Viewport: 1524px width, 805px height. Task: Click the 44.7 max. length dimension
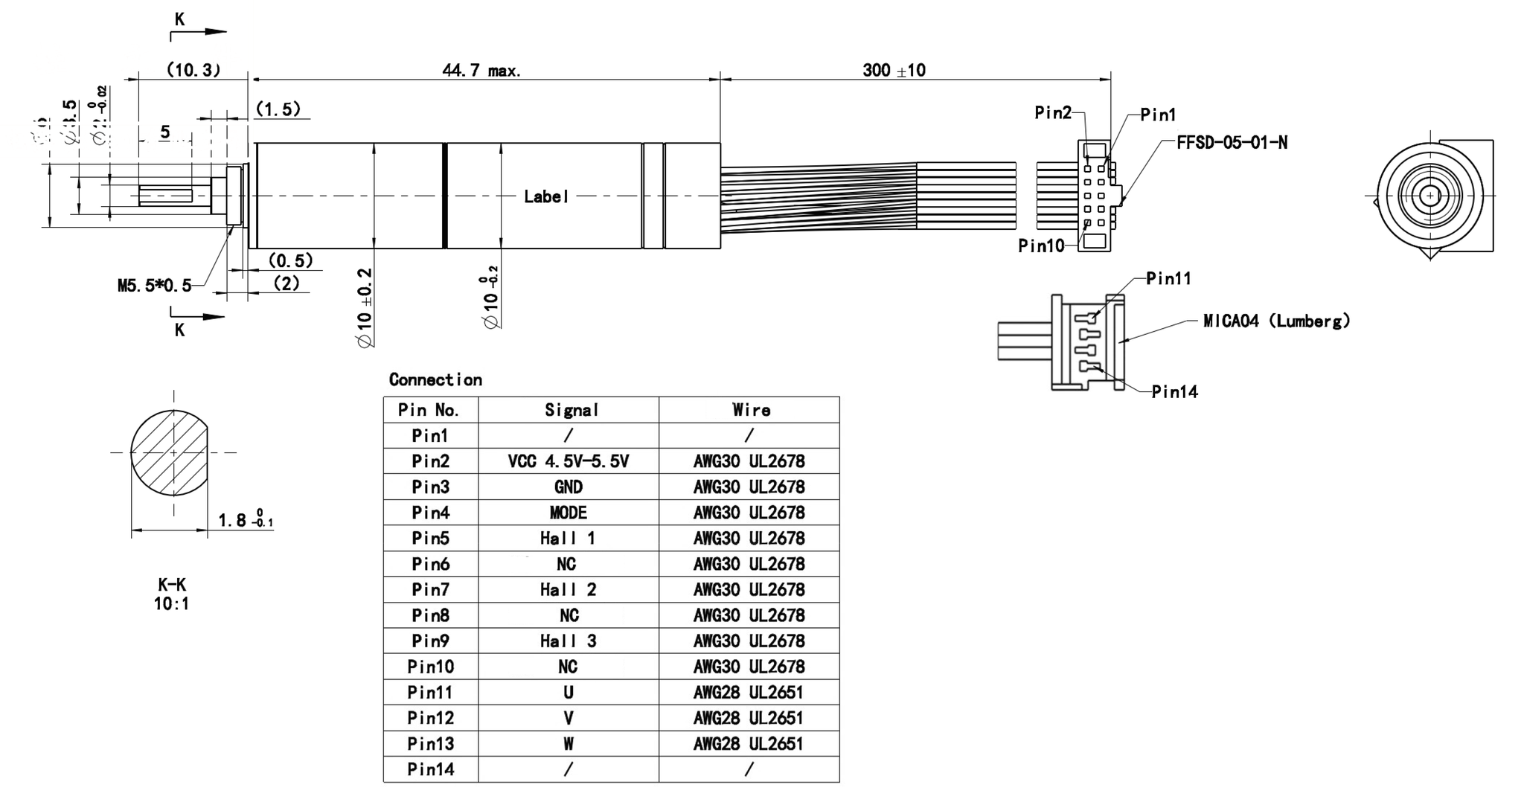[x=481, y=71]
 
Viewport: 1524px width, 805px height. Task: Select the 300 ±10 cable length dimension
[x=894, y=71]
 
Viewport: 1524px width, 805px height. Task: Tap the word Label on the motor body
[x=546, y=196]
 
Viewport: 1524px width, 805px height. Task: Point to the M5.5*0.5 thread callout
[x=154, y=286]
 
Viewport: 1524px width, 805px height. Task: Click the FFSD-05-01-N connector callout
[x=1232, y=143]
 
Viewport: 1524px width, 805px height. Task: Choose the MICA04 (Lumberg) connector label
[x=1276, y=321]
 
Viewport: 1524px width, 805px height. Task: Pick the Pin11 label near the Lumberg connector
[x=1168, y=279]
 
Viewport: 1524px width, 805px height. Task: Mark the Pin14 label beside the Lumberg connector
[x=1174, y=392]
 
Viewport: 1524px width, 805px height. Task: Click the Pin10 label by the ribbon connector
[x=1041, y=246]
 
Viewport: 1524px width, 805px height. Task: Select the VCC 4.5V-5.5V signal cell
[x=568, y=461]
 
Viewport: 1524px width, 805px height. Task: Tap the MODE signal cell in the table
[x=568, y=513]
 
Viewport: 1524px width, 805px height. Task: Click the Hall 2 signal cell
[x=568, y=590]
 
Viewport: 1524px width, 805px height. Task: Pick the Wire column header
[x=751, y=410]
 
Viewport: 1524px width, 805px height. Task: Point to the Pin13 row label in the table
[x=430, y=744]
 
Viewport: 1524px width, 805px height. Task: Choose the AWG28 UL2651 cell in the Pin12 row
[x=749, y=718]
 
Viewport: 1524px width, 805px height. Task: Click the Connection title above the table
[x=435, y=380]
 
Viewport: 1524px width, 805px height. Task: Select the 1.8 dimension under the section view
[x=232, y=520]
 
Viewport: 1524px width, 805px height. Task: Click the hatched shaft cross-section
[x=169, y=452]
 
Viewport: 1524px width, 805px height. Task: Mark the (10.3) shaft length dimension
[x=193, y=71]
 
